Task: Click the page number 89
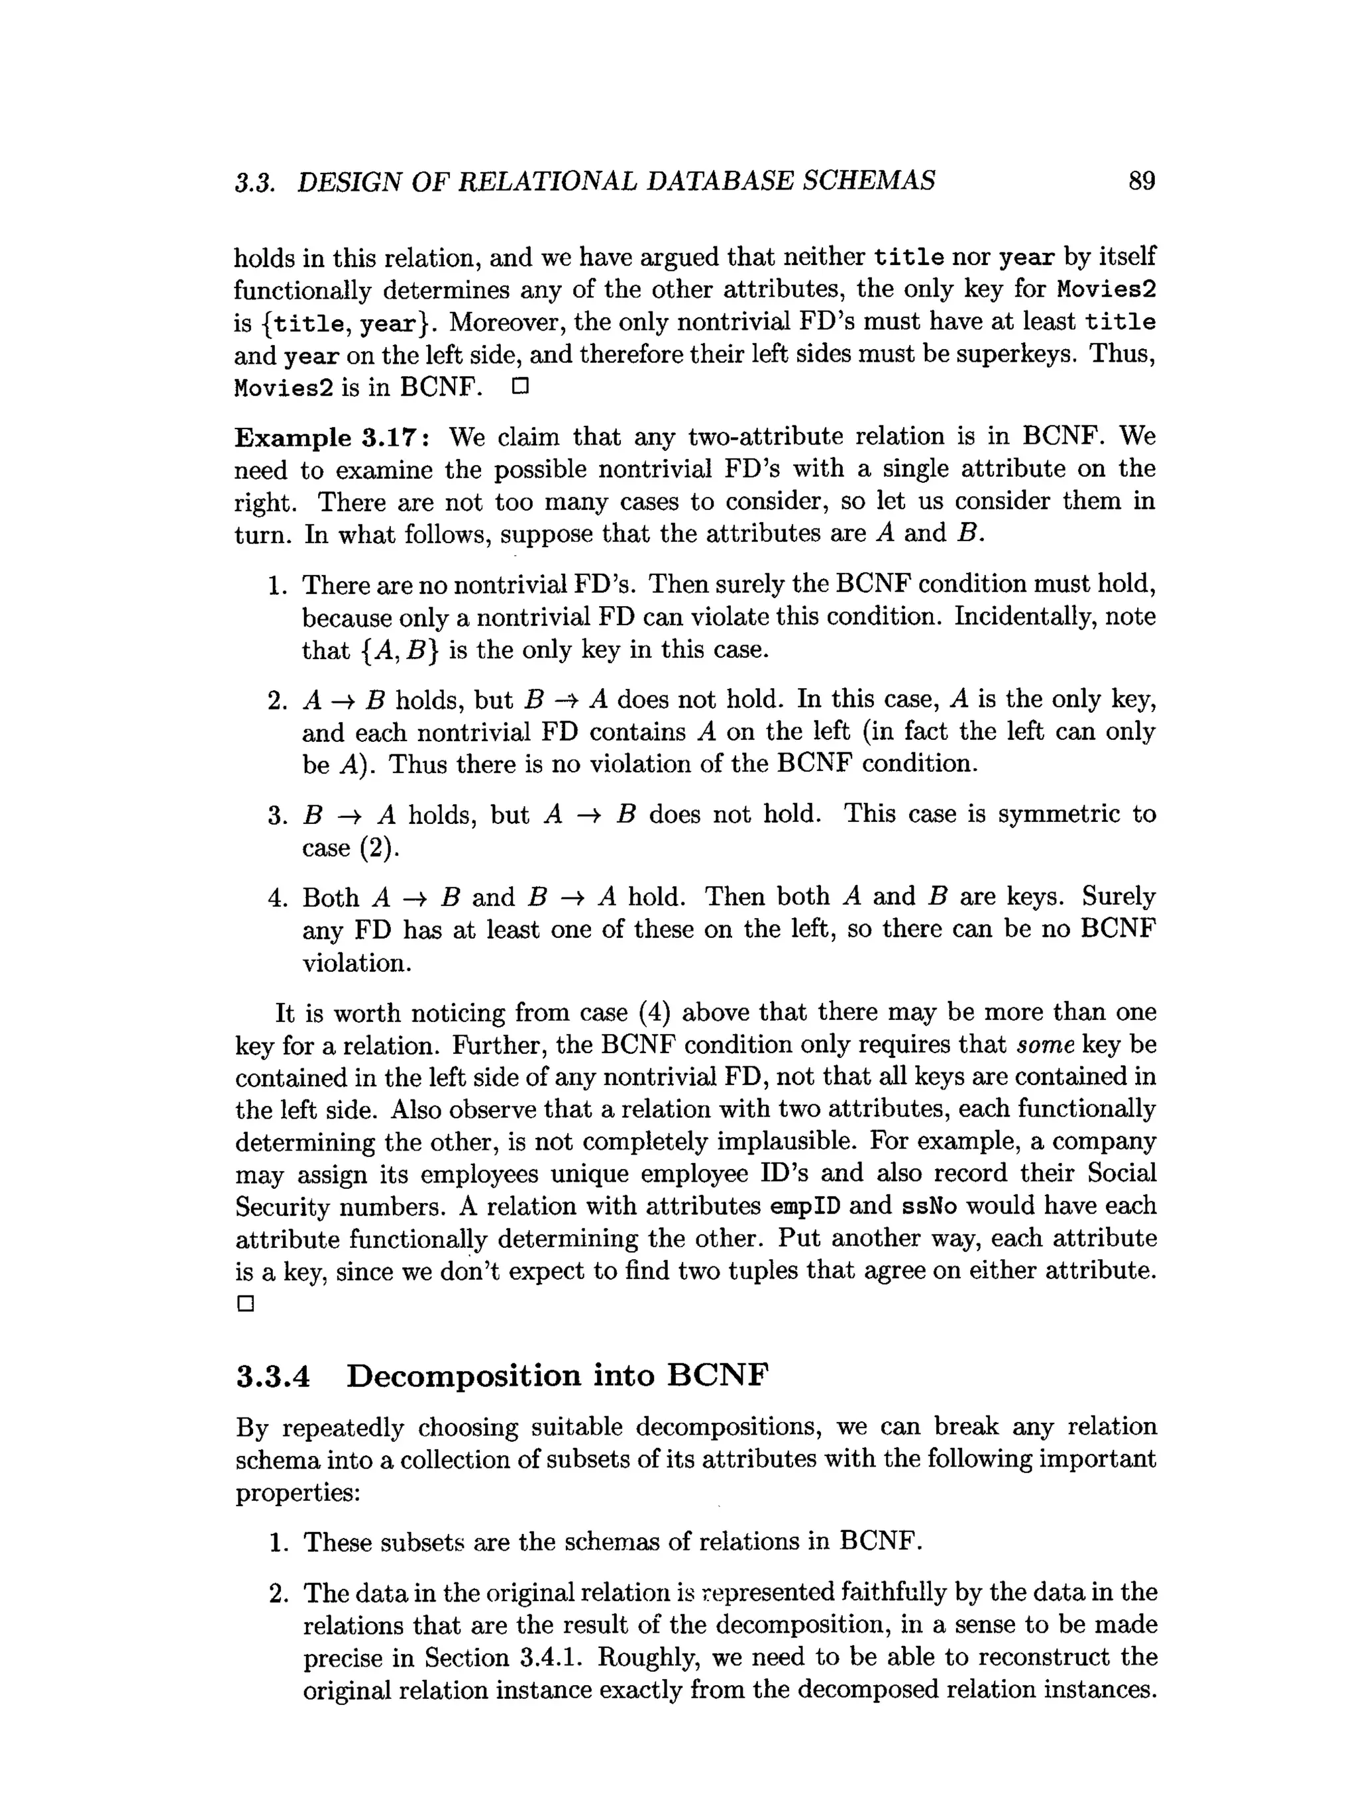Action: pos(1141,180)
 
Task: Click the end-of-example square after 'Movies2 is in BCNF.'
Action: pos(520,387)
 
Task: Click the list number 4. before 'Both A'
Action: pos(278,898)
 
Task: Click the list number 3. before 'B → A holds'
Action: pos(278,815)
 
